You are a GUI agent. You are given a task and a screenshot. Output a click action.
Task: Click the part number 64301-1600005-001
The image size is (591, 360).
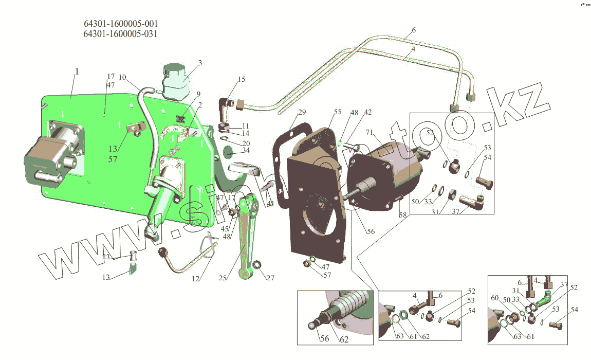(x=121, y=24)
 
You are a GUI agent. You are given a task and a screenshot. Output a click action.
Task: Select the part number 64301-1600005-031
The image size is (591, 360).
(x=121, y=34)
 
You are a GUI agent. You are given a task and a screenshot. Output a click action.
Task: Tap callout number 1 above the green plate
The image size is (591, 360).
(x=77, y=71)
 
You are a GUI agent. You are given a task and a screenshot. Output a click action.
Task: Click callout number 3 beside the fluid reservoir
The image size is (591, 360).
(x=200, y=63)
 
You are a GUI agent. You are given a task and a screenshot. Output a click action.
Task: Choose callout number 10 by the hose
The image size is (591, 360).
(x=122, y=77)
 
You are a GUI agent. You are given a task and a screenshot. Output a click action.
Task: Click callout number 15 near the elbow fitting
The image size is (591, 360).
(x=242, y=79)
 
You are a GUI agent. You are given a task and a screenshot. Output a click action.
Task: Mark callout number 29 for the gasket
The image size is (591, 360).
(x=302, y=112)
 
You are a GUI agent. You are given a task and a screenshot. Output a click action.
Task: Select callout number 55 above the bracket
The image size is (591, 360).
(x=337, y=112)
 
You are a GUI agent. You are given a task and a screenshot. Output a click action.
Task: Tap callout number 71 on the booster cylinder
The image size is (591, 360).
(x=370, y=133)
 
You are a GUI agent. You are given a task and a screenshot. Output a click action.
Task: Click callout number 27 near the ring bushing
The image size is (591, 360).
(x=270, y=278)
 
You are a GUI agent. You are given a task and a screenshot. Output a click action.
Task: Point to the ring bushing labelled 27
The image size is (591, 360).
(x=257, y=265)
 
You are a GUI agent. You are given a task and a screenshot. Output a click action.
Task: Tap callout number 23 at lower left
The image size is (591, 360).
(x=106, y=257)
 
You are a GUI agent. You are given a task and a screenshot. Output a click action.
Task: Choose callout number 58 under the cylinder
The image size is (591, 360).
(x=402, y=215)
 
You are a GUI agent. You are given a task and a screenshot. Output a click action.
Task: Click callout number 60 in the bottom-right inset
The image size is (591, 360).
(x=494, y=298)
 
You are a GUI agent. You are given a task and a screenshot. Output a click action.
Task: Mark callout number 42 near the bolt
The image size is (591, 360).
(x=368, y=112)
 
